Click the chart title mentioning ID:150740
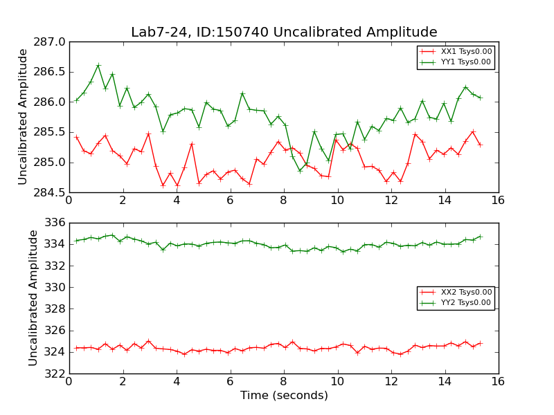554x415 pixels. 284,33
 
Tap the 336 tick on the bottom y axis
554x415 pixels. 57,223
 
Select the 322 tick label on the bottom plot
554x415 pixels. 57,373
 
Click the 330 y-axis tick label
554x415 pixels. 57,287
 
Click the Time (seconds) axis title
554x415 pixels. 284,396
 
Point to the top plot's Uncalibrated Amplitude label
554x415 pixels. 23,116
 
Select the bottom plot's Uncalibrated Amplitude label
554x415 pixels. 33,297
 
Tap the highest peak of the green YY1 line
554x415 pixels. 98,65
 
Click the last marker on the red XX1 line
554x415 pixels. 480,145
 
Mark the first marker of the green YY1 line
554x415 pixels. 76,100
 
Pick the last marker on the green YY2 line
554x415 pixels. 480,237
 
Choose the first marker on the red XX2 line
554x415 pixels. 76,348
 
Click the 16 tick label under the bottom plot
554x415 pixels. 498,380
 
